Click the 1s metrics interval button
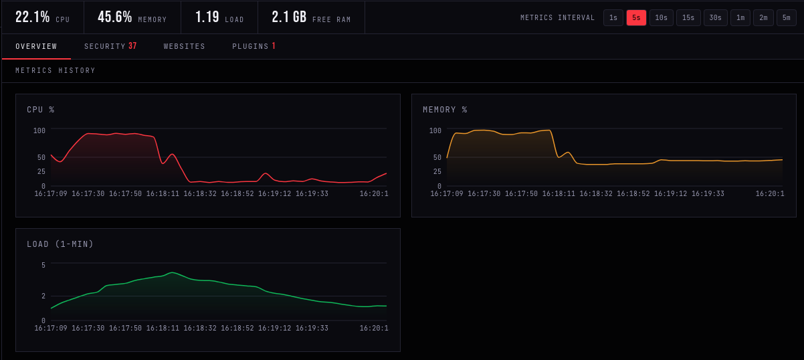click(613, 17)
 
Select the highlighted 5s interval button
click(636, 17)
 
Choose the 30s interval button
click(715, 17)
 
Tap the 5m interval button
click(787, 17)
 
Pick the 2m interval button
click(763, 17)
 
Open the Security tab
click(110, 46)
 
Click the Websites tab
click(184, 46)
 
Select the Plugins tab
click(254, 46)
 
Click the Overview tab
click(36, 46)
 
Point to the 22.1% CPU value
click(32, 17)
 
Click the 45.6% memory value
click(115, 17)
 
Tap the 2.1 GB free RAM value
click(290, 17)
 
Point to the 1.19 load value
click(207, 17)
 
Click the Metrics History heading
click(56, 70)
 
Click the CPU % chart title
click(41, 110)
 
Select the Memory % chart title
click(445, 110)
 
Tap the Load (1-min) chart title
click(60, 244)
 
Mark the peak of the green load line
click(173, 272)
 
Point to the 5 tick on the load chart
click(43, 265)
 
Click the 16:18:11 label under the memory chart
click(559, 194)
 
